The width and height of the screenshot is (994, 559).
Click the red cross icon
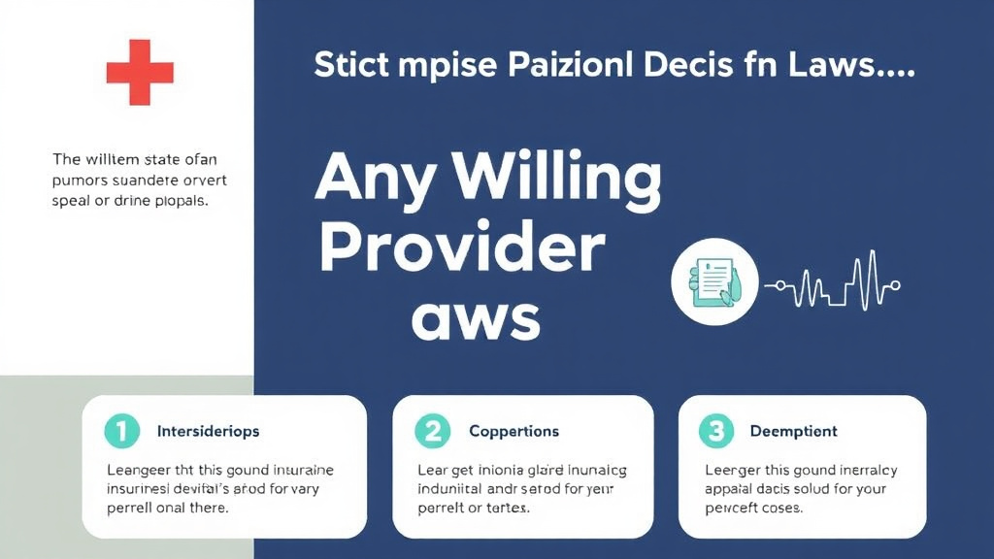pyautogui.click(x=140, y=72)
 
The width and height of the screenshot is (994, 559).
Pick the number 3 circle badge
pyautogui.click(x=715, y=430)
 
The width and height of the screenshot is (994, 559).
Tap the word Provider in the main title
pyautogui.click(x=461, y=248)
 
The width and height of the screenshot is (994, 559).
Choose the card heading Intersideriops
pyautogui.click(x=208, y=431)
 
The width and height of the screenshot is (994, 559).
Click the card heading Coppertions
pyautogui.click(x=514, y=431)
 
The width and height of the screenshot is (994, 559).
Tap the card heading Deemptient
pyautogui.click(x=793, y=431)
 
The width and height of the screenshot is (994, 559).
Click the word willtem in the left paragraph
pyautogui.click(x=114, y=160)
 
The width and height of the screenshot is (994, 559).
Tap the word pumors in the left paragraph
pyautogui.click(x=80, y=181)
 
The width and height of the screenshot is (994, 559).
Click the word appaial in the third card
pyautogui.click(x=730, y=490)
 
